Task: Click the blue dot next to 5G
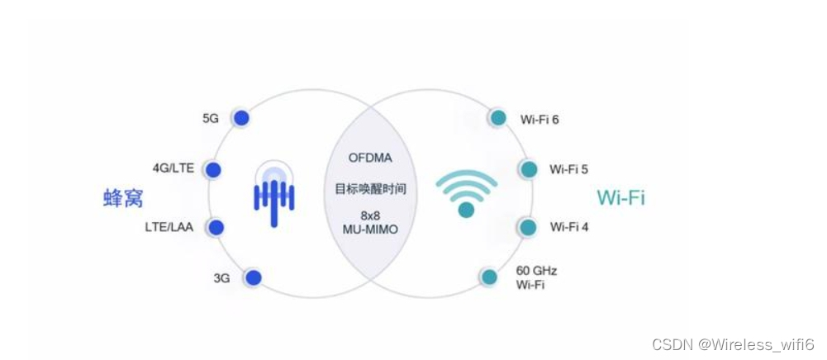tap(240, 118)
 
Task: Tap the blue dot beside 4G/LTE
tap(213, 170)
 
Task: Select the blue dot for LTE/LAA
tap(217, 227)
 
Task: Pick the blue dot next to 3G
tap(253, 278)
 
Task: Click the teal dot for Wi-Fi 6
tap(497, 118)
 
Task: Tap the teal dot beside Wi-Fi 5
tap(529, 169)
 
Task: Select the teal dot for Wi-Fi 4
tap(528, 226)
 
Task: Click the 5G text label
tap(211, 118)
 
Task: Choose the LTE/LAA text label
tap(169, 227)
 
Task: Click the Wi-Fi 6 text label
tap(539, 119)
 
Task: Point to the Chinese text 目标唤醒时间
tap(370, 189)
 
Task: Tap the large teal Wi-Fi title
tap(620, 198)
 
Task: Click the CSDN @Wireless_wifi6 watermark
tap(734, 343)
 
